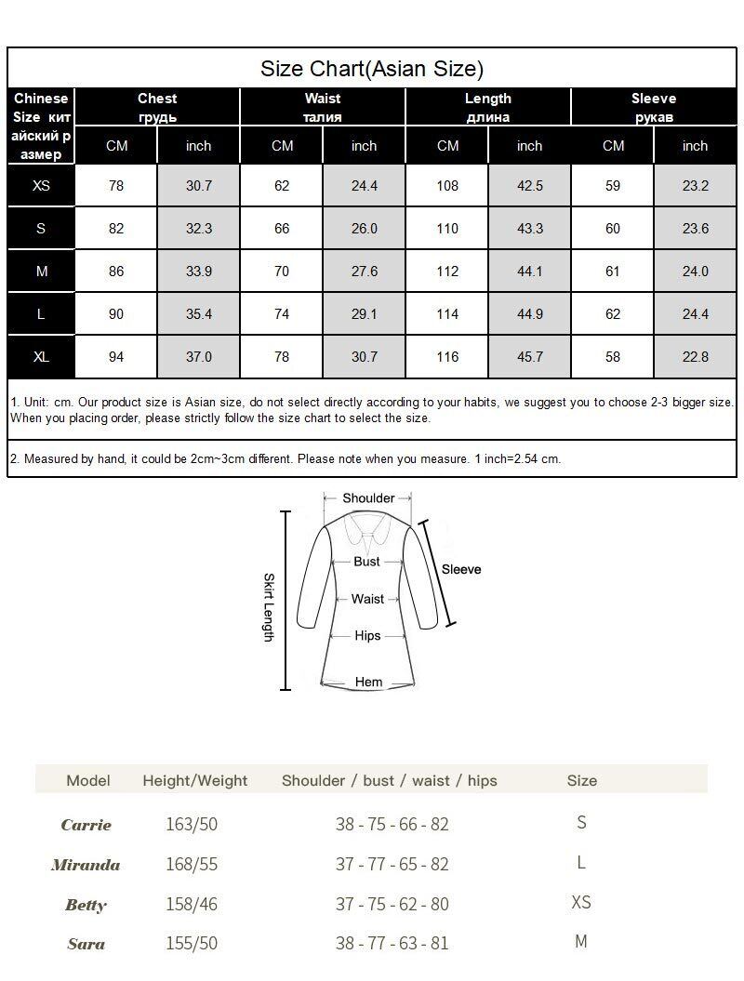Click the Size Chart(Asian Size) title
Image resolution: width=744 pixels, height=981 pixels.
(x=372, y=69)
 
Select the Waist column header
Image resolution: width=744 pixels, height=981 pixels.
(x=323, y=107)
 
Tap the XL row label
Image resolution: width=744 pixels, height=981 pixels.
(x=41, y=357)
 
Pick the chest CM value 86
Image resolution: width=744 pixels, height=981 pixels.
(x=116, y=272)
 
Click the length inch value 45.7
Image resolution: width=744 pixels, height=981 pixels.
(x=529, y=357)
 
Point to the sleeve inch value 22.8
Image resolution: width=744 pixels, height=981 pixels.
(x=695, y=357)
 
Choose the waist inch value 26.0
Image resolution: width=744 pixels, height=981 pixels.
(x=364, y=229)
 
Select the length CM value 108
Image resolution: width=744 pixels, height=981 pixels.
(x=447, y=186)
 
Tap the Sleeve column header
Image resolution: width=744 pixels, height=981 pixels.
(x=654, y=107)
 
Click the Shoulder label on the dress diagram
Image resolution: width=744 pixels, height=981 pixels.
(x=368, y=498)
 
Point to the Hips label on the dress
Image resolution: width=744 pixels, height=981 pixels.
(x=367, y=636)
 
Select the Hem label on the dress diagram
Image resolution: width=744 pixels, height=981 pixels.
(x=368, y=682)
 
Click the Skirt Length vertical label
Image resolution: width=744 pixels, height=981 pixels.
(x=269, y=607)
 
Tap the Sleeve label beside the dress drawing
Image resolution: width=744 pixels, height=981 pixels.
(x=461, y=569)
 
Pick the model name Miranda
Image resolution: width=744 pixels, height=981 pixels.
(x=86, y=865)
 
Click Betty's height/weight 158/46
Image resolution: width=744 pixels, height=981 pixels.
(x=192, y=904)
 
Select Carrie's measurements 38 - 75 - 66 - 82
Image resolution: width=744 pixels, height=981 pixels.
(x=392, y=824)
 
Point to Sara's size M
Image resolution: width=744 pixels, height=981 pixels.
(x=581, y=942)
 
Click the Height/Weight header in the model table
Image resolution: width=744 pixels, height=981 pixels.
(x=195, y=781)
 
